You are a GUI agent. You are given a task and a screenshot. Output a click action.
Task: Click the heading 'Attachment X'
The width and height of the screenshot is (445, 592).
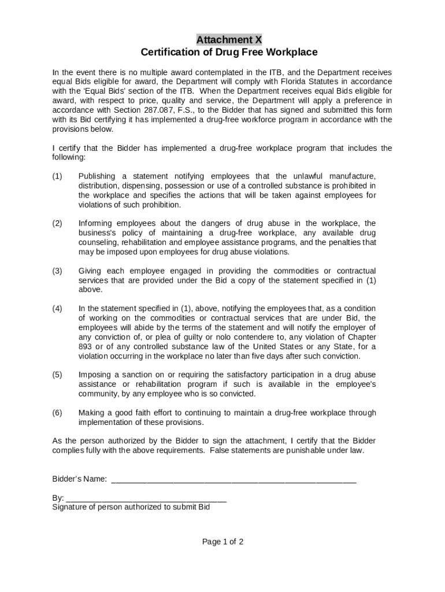(x=229, y=40)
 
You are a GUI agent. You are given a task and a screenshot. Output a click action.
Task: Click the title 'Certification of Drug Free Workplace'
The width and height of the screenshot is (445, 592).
(x=229, y=53)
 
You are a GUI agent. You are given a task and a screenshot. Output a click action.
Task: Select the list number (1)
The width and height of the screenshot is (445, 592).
(x=57, y=176)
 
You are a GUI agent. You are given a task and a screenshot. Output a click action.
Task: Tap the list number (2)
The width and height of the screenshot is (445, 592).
(x=57, y=224)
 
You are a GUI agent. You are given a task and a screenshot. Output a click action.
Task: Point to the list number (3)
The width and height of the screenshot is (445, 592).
(x=57, y=271)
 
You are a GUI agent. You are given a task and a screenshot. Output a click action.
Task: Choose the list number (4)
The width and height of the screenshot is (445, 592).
(x=57, y=309)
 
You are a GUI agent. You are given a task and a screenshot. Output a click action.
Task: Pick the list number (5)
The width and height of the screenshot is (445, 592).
(x=57, y=375)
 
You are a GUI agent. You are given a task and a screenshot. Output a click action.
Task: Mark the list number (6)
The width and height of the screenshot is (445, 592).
(x=57, y=413)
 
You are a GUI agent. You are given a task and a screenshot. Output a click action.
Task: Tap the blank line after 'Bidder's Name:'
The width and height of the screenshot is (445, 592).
(x=233, y=479)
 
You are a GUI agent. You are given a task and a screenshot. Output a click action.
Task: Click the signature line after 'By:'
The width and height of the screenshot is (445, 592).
(x=146, y=498)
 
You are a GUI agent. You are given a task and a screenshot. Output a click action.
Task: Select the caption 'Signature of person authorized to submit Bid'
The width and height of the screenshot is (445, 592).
(x=131, y=507)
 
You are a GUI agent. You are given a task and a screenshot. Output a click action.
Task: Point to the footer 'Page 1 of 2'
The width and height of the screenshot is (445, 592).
(x=222, y=542)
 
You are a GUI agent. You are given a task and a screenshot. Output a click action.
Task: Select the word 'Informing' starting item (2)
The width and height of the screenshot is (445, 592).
(x=95, y=224)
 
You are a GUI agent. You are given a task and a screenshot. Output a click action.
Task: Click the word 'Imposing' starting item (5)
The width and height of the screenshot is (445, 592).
(x=94, y=375)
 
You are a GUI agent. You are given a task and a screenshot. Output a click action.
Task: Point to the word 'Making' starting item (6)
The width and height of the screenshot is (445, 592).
(x=91, y=413)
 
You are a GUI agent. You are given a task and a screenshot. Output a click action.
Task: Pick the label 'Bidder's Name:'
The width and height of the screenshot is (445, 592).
(x=80, y=479)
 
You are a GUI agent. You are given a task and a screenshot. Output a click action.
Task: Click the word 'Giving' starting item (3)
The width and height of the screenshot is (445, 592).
(x=90, y=271)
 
